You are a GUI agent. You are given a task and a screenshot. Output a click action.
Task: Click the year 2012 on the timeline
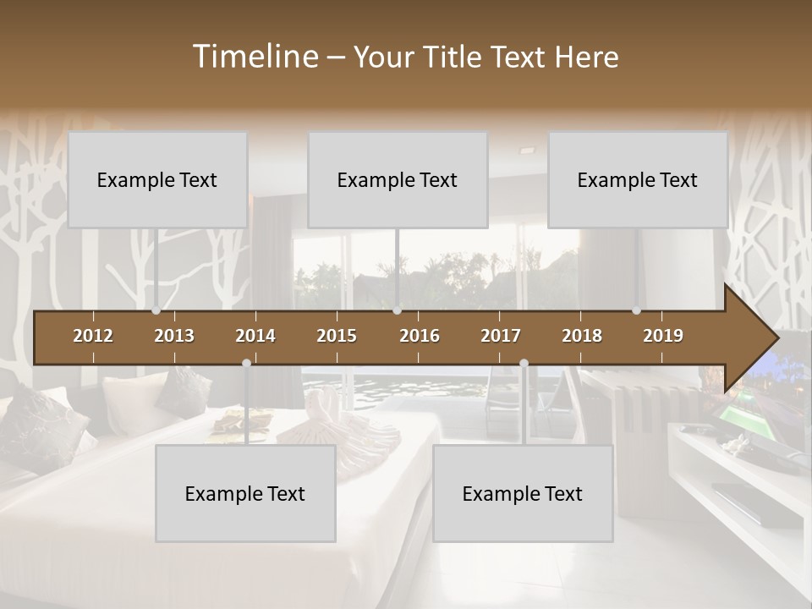tap(93, 336)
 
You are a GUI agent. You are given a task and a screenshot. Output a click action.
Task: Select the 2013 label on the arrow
tap(174, 336)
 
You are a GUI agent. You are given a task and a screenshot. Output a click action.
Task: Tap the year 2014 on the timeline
tap(255, 336)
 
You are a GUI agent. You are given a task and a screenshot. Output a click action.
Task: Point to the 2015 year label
tap(337, 336)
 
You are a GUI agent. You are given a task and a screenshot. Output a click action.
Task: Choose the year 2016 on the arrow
tap(420, 336)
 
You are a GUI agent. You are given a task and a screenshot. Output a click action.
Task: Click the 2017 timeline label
tap(501, 336)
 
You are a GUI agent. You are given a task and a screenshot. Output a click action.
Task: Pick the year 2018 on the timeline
tap(582, 336)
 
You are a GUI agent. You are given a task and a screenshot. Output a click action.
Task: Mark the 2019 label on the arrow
tap(663, 336)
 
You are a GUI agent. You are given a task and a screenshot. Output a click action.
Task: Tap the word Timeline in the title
tap(254, 57)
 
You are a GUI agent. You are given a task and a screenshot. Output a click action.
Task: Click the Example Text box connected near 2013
tap(157, 179)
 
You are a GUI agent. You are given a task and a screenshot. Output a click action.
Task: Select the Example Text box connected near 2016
tap(398, 179)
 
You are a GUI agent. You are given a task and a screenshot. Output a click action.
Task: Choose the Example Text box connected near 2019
tap(638, 179)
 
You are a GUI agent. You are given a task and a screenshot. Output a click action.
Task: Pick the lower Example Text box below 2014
tap(245, 493)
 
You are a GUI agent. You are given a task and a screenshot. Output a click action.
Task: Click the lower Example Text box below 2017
tap(523, 493)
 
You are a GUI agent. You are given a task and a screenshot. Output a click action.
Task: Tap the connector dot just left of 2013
tap(156, 310)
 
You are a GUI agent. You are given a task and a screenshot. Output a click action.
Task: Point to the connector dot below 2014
tap(246, 363)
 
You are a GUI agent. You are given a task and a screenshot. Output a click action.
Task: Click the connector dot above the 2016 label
tap(397, 310)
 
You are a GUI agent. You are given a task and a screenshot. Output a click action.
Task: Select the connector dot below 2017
tap(524, 363)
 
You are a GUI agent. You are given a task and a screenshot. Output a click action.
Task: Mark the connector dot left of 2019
tap(636, 310)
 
